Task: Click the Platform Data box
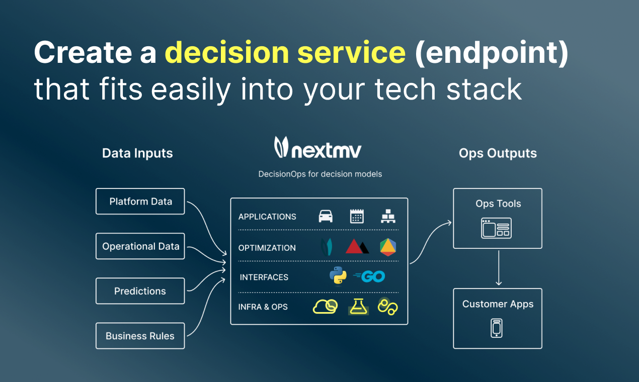[140, 202]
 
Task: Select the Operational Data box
[140, 246]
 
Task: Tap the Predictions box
[140, 291]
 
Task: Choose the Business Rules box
[140, 336]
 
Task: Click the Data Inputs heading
[137, 153]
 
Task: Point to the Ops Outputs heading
[498, 153]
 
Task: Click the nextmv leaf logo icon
[281, 147]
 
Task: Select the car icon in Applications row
[326, 216]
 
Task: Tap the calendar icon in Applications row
[357, 216]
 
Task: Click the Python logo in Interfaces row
[338, 276]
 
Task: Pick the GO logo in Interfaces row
[370, 276]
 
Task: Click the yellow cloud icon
[325, 306]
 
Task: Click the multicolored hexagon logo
[388, 247]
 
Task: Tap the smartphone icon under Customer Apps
[497, 328]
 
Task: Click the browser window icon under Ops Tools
[496, 228]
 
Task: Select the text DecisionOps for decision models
[320, 174]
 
